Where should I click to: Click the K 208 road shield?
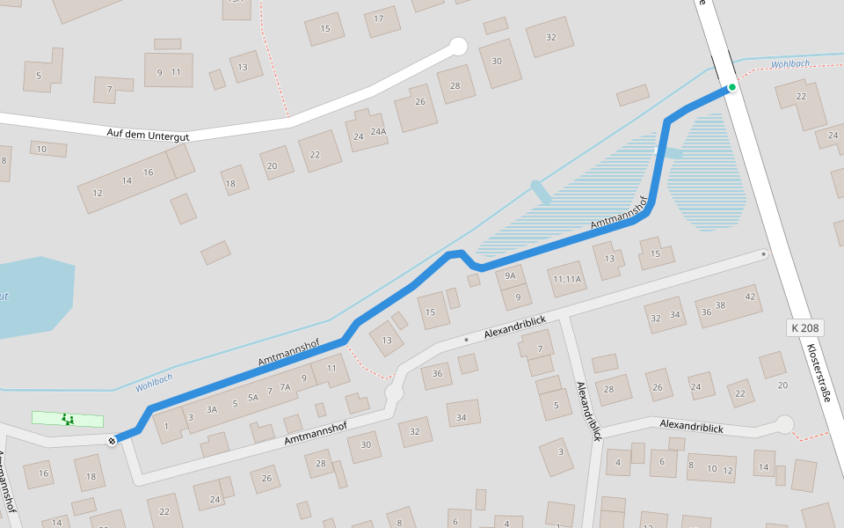pos(804,327)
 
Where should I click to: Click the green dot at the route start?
pos(731,87)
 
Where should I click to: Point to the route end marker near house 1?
pos(113,440)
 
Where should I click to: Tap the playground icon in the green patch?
pos(68,419)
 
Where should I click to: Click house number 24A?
pos(378,132)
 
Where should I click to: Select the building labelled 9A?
pos(509,275)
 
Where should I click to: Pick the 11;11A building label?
pos(567,280)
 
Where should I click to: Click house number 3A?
pos(212,409)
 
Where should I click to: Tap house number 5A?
pos(253,398)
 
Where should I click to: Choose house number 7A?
pos(285,387)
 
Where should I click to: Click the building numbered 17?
pos(380,19)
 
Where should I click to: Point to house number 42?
pos(750,296)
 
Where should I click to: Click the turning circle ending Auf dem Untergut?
pos(457,46)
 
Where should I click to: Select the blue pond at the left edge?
pos(31,296)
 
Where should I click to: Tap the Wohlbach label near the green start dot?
pos(789,64)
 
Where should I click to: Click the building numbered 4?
pos(618,462)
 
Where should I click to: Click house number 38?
pos(720,305)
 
